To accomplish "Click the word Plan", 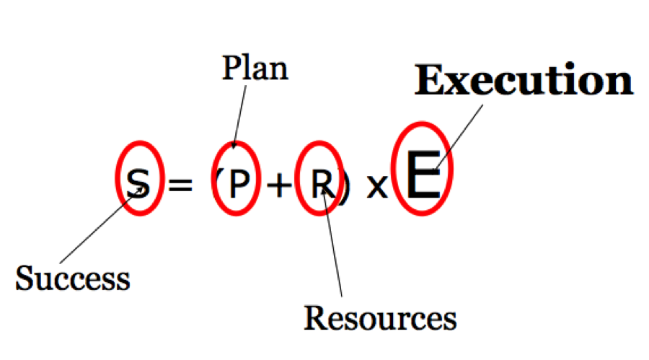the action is click(x=255, y=69).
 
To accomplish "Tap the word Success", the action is click(x=73, y=278).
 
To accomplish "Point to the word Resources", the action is click(x=380, y=317).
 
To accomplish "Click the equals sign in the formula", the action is click(x=180, y=185).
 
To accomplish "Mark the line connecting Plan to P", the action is click(x=239, y=115).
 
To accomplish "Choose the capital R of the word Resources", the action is click(x=314, y=317).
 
